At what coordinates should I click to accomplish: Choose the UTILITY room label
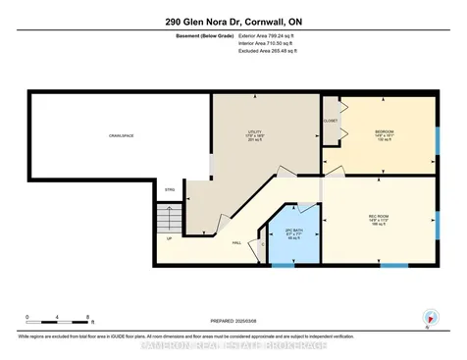(x=255, y=134)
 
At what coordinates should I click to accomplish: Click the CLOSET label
(x=331, y=121)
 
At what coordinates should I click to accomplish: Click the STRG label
(x=169, y=189)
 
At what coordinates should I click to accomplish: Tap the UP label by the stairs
(x=168, y=238)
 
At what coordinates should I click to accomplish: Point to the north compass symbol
(x=428, y=320)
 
